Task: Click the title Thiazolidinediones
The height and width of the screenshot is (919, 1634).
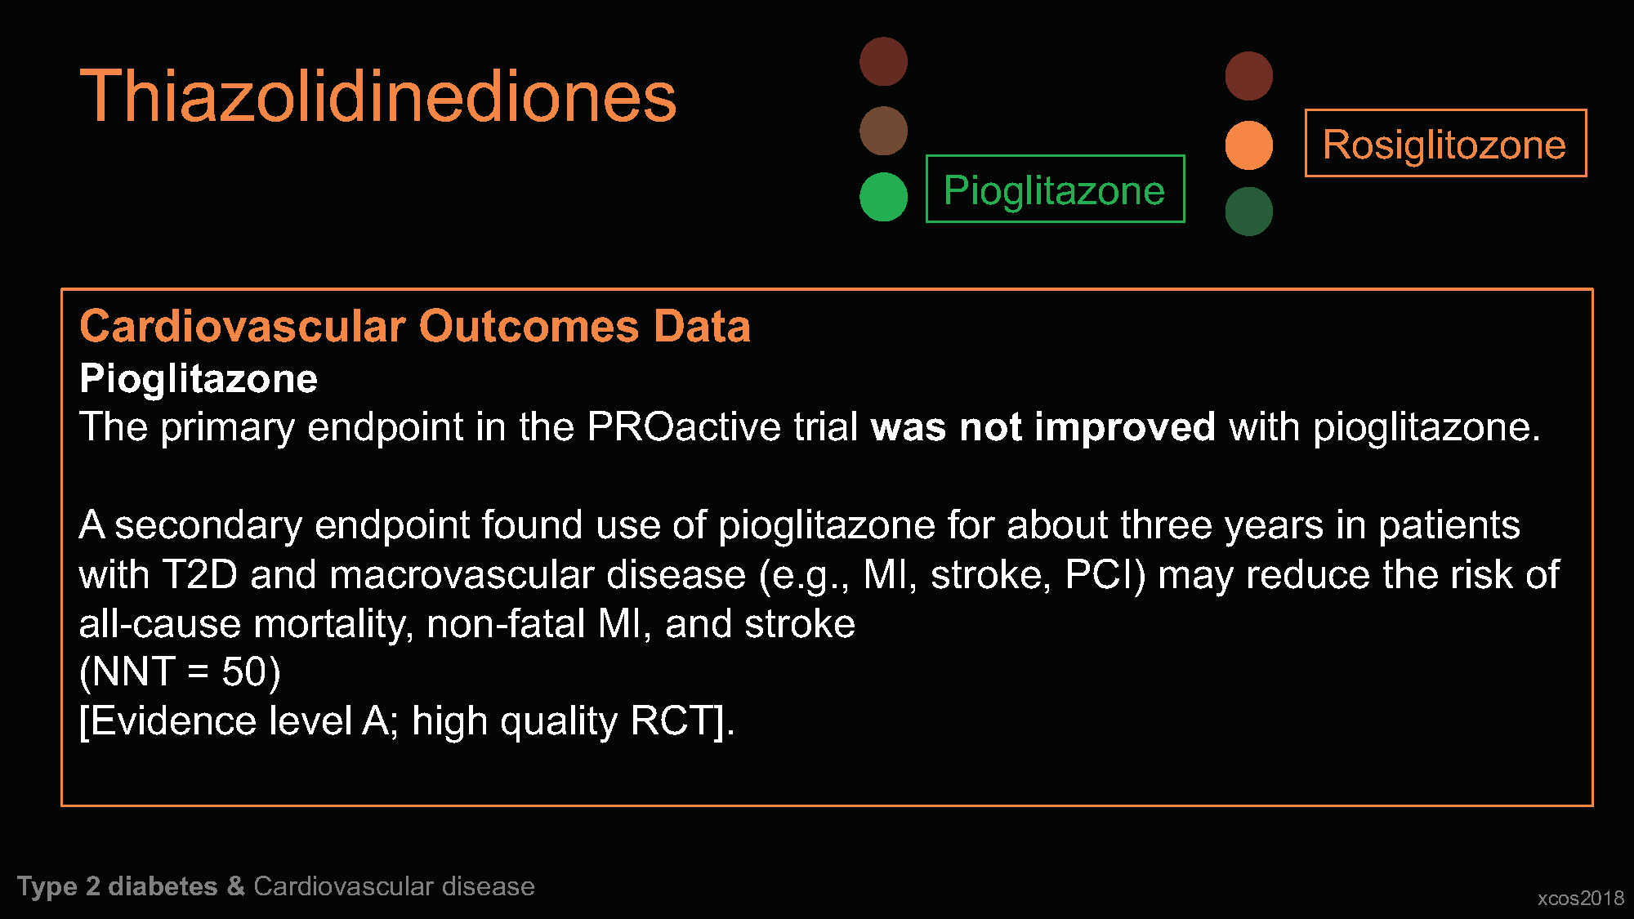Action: pos(378,96)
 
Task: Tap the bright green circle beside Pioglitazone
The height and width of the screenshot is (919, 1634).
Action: pos(883,197)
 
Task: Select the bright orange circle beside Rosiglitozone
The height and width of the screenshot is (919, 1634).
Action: pos(1248,145)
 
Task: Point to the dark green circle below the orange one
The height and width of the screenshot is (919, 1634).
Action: pos(1248,212)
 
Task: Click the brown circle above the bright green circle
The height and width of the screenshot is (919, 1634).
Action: pos(883,131)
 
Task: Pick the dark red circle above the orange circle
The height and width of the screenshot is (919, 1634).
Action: pos(1248,76)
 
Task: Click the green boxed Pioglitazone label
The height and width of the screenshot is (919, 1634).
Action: pos(1055,189)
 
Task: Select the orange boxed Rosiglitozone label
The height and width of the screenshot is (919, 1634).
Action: pos(1445,143)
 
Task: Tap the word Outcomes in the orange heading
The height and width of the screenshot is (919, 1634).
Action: pos(529,326)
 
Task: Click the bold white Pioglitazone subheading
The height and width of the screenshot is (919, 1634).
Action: pos(199,379)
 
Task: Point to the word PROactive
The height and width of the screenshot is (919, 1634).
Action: pos(684,426)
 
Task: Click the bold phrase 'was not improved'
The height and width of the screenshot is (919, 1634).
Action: pos(1042,426)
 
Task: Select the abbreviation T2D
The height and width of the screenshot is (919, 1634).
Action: pos(200,574)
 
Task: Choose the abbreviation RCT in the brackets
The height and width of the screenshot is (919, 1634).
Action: pos(676,720)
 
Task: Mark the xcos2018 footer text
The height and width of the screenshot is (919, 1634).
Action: pos(1580,898)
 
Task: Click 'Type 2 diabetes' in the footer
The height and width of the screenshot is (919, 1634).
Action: pos(118,886)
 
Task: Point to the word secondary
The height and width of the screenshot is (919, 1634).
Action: pos(208,525)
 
